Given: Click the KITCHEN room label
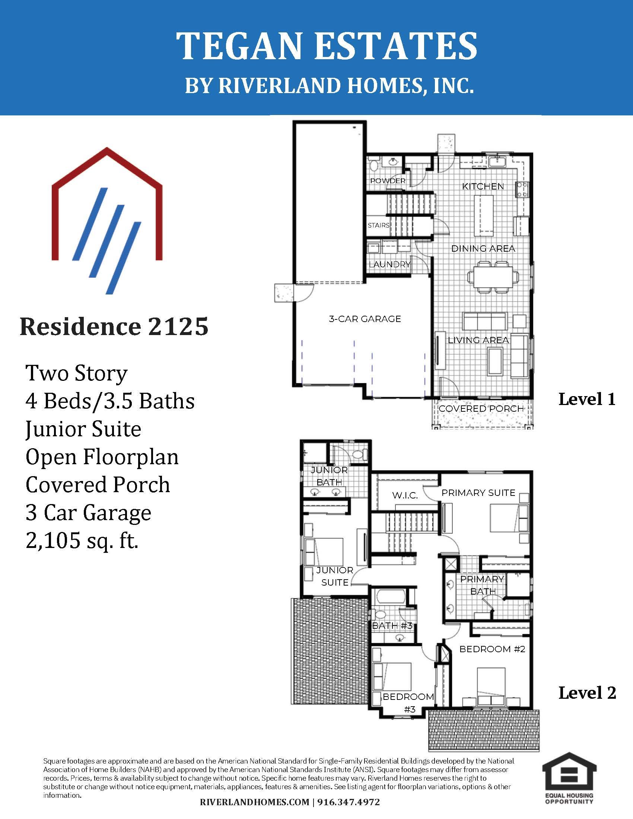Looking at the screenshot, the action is click(x=483, y=187).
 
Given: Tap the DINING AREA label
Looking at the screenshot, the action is click(x=483, y=249).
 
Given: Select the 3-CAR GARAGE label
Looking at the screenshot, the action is click(x=365, y=319).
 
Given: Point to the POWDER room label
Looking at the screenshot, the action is click(x=388, y=181).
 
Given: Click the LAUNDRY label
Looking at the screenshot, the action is click(x=389, y=264).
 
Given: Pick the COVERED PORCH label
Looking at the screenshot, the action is click(x=481, y=409).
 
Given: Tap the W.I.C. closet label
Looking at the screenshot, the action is click(x=405, y=496).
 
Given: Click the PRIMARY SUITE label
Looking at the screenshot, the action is click(x=478, y=493).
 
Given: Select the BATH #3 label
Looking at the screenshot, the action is click(x=392, y=625).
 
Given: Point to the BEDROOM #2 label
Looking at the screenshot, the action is click(x=492, y=649).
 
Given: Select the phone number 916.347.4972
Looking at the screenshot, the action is click(x=349, y=803).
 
